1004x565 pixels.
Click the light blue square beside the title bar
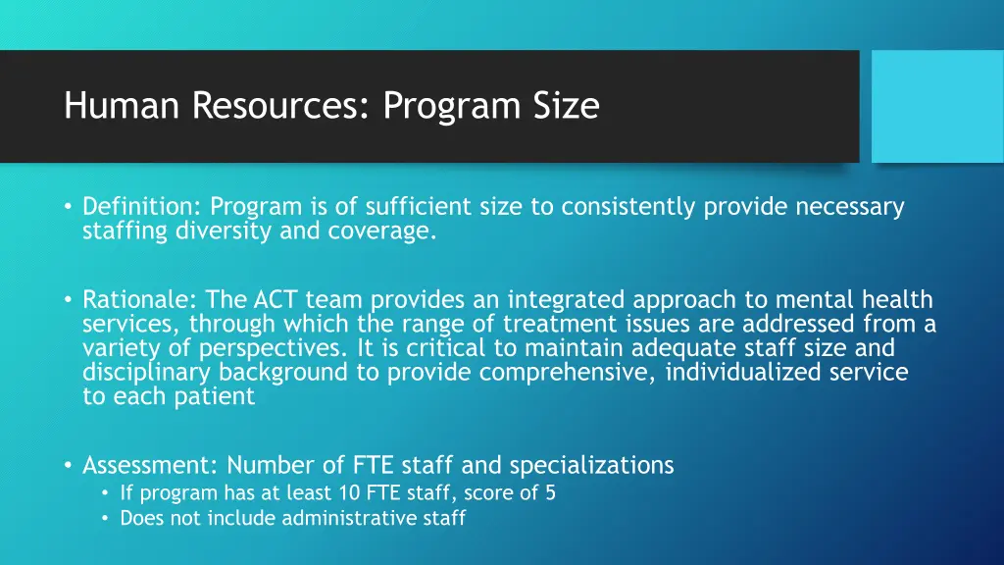tap(937, 106)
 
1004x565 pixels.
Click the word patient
tap(213, 396)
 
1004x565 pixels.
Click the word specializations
tap(591, 464)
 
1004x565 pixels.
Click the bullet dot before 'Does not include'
tap(105, 518)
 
